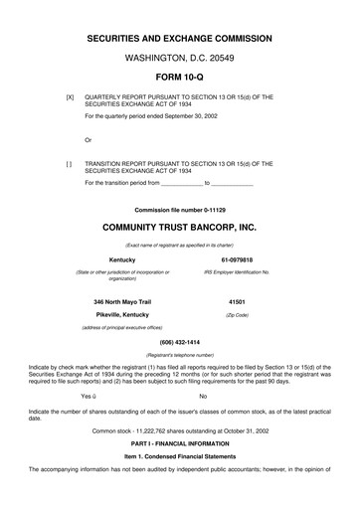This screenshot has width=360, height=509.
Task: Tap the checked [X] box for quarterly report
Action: (x=70, y=97)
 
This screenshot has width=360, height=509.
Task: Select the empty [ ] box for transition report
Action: (x=70, y=162)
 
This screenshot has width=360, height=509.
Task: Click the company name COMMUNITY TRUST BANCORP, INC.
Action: (x=179, y=227)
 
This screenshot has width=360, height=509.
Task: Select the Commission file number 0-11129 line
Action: (x=179, y=209)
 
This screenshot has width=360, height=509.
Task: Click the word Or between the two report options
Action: (x=89, y=139)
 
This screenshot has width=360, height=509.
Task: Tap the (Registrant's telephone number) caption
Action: (x=179, y=354)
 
